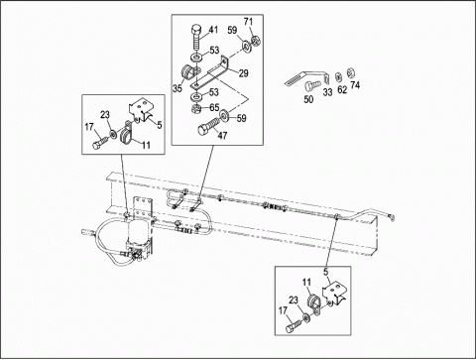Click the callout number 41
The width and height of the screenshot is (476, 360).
(x=213, y=30)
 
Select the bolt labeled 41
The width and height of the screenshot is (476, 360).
(x=195, y=38)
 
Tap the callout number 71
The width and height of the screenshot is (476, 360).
(x=248, y=22)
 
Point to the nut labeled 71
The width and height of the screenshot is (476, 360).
(x=255, y=42)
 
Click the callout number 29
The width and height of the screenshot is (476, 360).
(x=243, y=73)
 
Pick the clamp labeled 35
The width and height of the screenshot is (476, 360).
(x=189, y=73)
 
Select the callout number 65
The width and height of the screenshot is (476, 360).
(x=214, y=108)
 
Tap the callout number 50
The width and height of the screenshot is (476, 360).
(x=308, y=99)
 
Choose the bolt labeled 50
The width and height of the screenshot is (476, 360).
(x=311, y=85)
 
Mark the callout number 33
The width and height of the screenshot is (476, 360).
(x=327, y=92)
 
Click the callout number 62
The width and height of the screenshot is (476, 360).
(x=342, y=89)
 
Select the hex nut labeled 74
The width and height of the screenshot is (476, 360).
(x=350, y=71)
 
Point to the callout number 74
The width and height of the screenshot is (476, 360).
(x=355, y=85)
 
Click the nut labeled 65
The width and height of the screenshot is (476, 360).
(x=196, y=108)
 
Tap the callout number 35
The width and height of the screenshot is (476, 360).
(x=178, y=88)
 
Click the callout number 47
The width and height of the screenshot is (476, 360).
(x=222, y=135)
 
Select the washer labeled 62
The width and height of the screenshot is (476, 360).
(x=338, y=76)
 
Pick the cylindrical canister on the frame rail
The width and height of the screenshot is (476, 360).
(x=138, y=233)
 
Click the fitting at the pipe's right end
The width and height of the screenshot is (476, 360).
(x=391, y=217)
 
